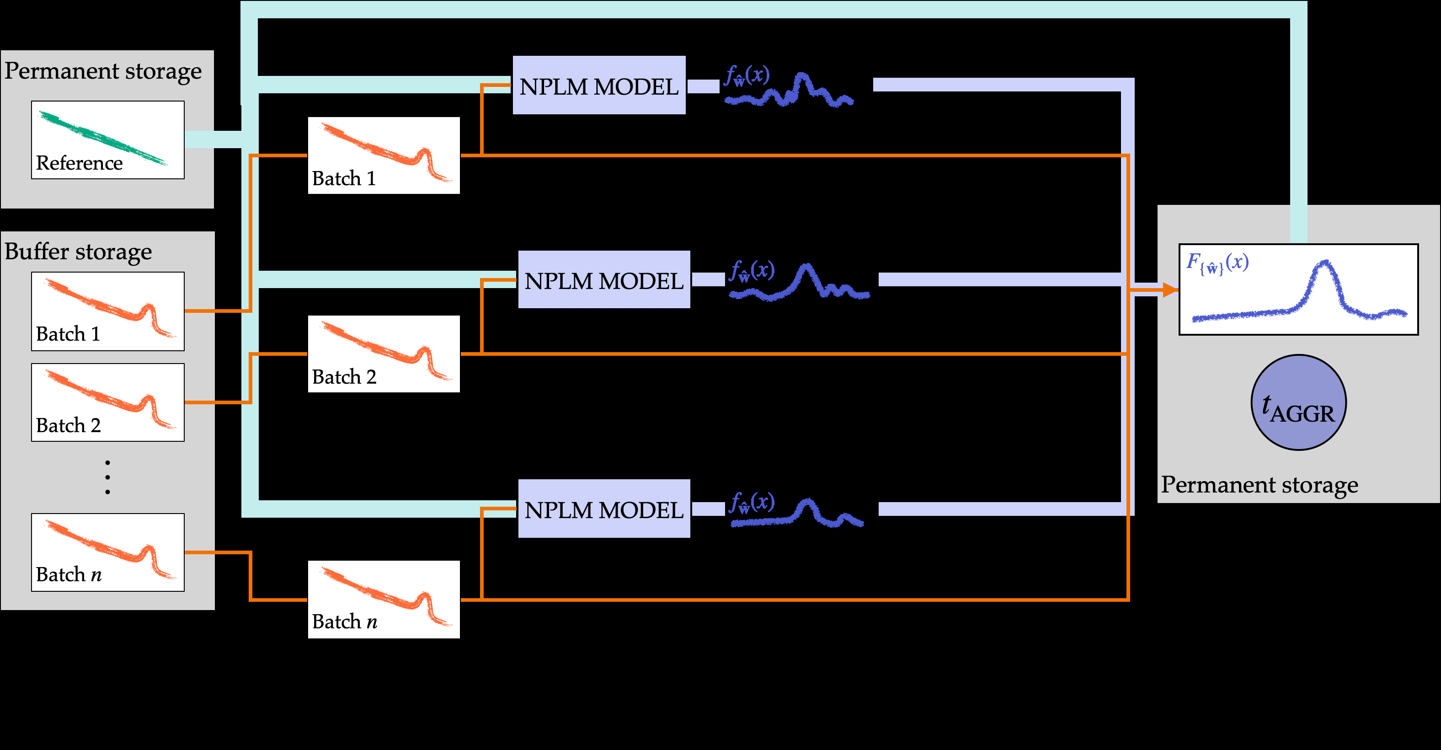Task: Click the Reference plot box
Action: click(107, 140)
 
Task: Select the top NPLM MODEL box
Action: click(598, 86)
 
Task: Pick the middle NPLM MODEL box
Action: click(603, 280)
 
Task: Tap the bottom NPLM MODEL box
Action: click(603, 509)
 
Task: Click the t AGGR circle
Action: click(1298, 402)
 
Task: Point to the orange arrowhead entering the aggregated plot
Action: click(1170, 290)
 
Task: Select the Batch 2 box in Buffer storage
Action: click(107, 402)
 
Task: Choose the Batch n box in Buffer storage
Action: click(107, 552)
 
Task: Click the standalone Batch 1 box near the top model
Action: click(384, 155)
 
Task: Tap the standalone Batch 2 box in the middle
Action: click(384, 354)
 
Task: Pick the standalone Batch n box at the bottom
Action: click(384, 600)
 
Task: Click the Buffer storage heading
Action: click(78, 252)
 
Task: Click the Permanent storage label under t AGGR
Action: click(1259, 485)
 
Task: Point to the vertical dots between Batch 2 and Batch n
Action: click(107, 477)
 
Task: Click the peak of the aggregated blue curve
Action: click(1324, 263)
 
